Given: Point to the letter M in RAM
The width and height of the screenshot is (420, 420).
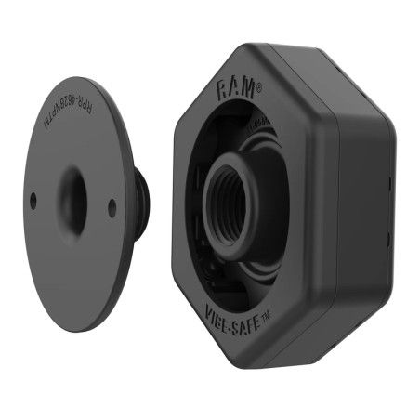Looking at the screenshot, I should (x=247, y=90).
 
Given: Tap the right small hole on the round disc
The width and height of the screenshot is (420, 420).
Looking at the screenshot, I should (x=112, y=208).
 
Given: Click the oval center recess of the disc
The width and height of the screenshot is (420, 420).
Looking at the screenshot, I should (x=72, y=197).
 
